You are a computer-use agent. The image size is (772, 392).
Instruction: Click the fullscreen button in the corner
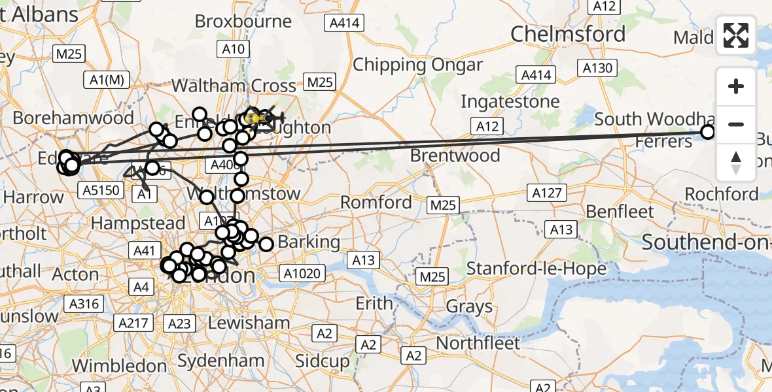736,35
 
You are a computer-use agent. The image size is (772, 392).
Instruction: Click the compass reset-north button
736,163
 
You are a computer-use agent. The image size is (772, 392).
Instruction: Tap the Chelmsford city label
568,34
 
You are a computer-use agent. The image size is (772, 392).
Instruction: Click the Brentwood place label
457,155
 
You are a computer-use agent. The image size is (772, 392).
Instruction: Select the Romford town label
376,202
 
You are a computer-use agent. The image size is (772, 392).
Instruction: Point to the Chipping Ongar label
418,65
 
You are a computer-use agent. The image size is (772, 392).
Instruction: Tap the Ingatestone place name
510,102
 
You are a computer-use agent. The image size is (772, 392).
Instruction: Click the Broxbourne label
243,21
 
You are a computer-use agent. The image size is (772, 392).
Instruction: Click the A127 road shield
545,193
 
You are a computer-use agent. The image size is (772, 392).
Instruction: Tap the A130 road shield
596,67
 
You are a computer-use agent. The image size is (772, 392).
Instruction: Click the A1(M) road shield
107,80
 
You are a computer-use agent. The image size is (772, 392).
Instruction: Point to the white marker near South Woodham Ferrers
708,133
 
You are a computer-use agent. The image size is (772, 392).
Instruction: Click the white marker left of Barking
266,244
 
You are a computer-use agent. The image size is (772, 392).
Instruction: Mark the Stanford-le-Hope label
536,268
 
